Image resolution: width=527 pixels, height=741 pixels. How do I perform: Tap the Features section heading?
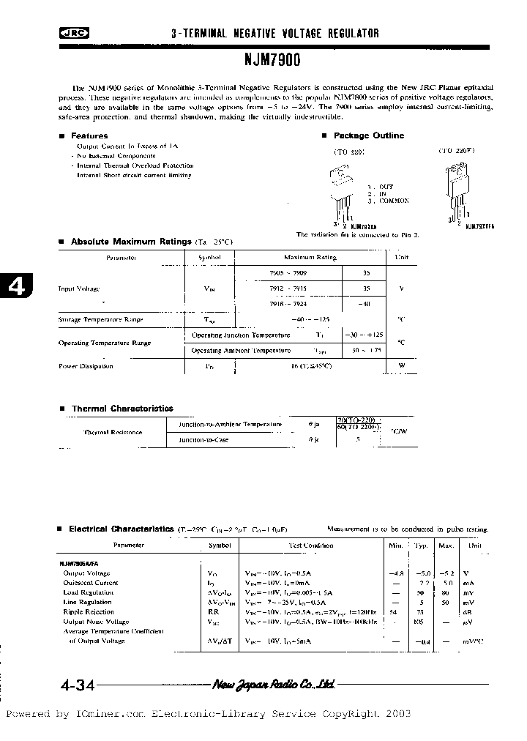89,136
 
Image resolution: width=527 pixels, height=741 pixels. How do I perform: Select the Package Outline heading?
368,135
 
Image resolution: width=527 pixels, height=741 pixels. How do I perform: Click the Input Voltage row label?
78,288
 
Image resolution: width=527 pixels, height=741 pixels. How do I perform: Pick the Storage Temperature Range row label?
100,320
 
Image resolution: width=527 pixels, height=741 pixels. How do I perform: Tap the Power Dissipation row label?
86,366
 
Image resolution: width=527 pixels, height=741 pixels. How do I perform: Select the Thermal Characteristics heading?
122,409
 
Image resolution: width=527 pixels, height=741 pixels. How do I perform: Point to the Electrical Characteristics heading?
122,529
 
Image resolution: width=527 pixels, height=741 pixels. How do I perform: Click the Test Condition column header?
310,545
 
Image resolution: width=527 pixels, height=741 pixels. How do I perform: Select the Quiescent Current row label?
91,583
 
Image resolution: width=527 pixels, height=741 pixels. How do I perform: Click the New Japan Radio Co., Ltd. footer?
274,685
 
